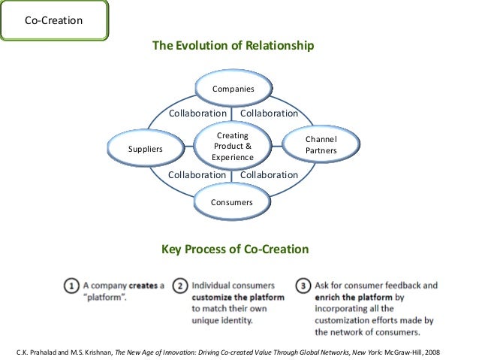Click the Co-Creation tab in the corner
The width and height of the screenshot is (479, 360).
click(x=53, y=20)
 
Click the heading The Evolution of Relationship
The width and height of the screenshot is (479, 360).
click(x=233, y=46)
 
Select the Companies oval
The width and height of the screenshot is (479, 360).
click(x=233, y=89)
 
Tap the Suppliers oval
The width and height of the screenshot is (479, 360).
click(x=146, y=149)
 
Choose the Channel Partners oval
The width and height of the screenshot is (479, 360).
click(x=321, y=145)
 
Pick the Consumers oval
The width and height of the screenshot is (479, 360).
click(x=232, y=202)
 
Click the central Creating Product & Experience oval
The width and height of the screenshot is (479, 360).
click(x=233, y=146)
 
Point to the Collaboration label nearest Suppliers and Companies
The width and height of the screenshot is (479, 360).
click(x=197, y=113)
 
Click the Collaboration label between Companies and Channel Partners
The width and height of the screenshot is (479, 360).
click(x=269, y=113)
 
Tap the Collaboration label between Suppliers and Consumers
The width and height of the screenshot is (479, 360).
click(x=197, y=175)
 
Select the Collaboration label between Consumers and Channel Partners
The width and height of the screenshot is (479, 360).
click(x=269, y=175)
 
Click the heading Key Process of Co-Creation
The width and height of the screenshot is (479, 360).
click(x=235, y=250)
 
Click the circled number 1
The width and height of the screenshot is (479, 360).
click(x=71, y=286)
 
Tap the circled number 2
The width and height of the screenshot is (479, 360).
click(x=180, y=286)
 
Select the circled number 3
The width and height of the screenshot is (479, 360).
click(x=302, y=286)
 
